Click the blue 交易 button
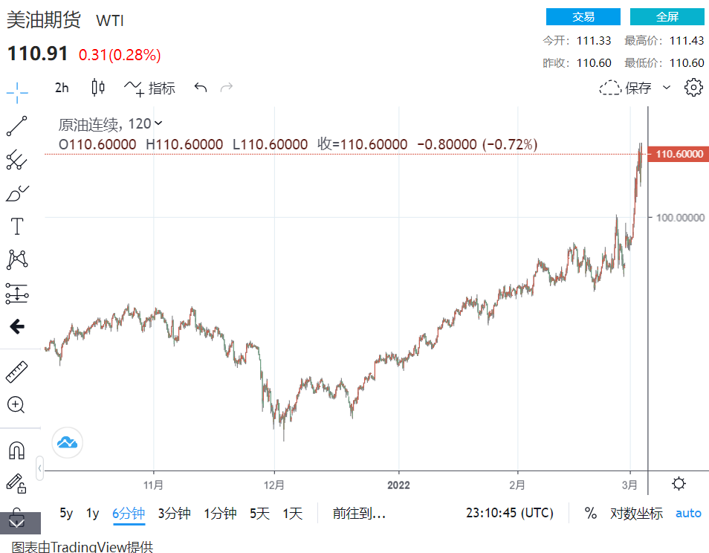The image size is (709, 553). coord(583,17)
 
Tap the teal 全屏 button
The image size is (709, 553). coord(667,17)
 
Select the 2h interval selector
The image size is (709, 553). coord(62,88)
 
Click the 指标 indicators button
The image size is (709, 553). coord(151,88)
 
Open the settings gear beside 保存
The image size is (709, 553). coord(693,87)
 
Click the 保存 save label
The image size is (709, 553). coord(638,88)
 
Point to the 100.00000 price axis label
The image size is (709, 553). coord(677,217)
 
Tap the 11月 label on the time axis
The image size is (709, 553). coord(153,485)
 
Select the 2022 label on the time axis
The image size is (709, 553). coord(398,485)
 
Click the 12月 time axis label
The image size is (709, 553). coord(274,485)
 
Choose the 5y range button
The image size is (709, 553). coord(66,513)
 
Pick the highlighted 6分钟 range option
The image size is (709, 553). coord(129,513)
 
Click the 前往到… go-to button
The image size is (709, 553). coord(359,513)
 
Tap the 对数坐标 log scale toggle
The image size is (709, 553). coord(636,513)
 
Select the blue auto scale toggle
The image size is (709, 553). coord(688,513)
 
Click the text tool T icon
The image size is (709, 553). coord(16,226)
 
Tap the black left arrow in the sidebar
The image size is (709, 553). coord(16,326)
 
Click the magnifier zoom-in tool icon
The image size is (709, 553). coord(16,405)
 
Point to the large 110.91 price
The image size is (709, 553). coord(38,54)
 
